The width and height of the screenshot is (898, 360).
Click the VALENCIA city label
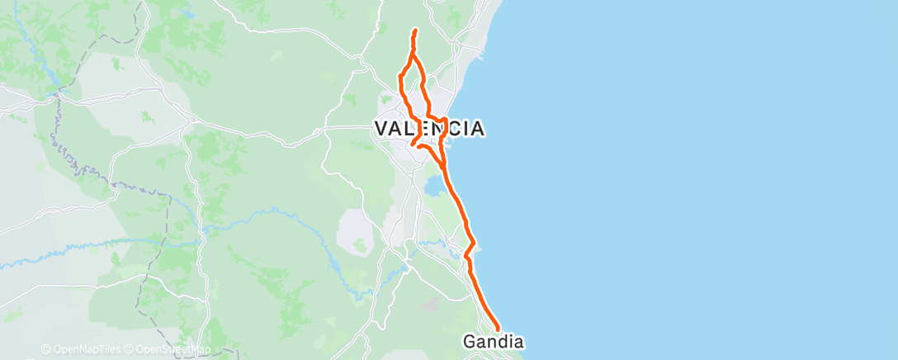[x=428, y=128]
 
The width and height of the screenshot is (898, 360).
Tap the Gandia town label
[x=494, y=341]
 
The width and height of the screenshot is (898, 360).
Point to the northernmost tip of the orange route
[x=414, y=31]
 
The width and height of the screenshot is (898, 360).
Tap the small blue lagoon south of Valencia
[x=432, y=189]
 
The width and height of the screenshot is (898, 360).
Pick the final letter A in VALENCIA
[x=475, y=129]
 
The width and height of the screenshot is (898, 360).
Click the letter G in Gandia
[x=469, y=341]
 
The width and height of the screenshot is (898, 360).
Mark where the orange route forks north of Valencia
[x=412, y=57]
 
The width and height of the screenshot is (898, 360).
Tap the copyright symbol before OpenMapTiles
[x=45, y=350]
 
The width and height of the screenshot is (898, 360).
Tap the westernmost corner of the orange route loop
[x=400, y=77]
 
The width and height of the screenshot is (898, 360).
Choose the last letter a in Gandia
[x=519, y=341]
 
